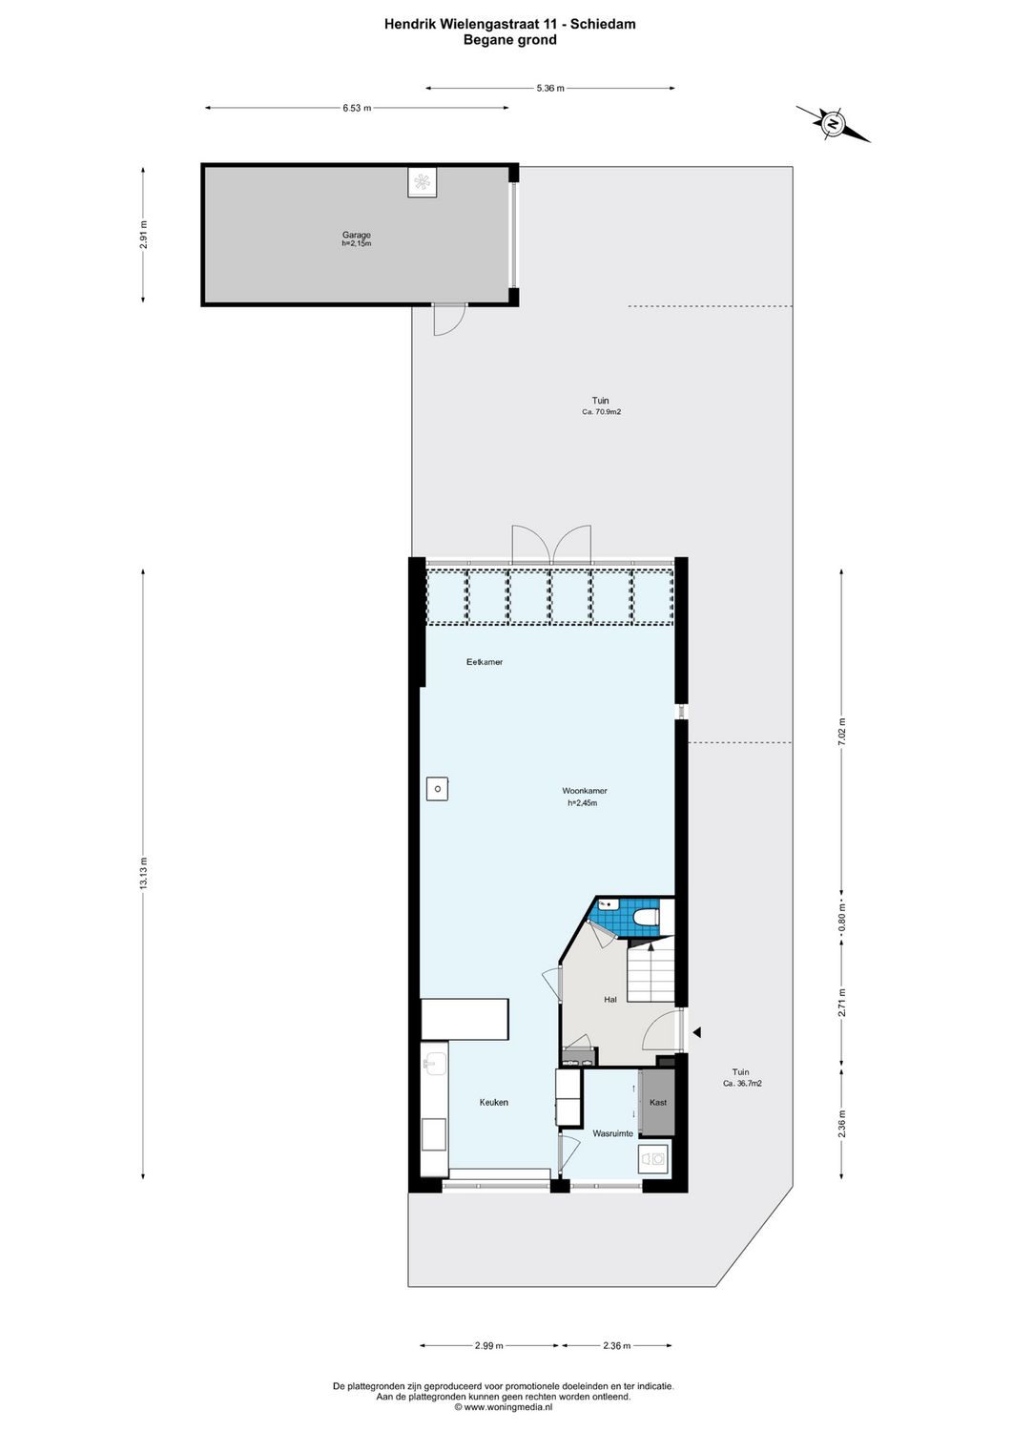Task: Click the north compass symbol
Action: (833, 124)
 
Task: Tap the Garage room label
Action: (357, 236)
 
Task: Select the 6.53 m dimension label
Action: (357, 108)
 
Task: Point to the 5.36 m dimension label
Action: (550, 88)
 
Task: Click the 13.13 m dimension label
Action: (143, 874)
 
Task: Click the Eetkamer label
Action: (485, 662)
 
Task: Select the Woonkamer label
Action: (584, 791)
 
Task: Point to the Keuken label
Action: (493, 1102)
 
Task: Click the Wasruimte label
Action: (612, 1133)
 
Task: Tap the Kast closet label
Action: (657, 1102)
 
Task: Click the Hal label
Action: (610, 1000)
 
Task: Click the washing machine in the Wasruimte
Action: (653, 1158)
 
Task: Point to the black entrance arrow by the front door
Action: (697, 1031)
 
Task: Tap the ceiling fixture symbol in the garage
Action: (422, 182)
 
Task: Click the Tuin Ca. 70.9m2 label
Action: (601, 405)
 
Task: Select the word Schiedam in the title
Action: (604, 25)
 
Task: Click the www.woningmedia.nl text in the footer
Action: (508, 1406)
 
